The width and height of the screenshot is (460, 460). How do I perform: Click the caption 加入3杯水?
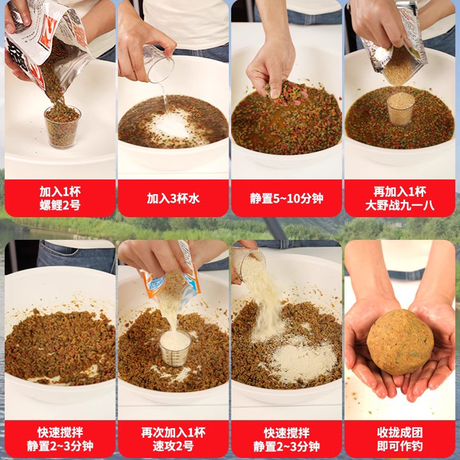pos(173,198)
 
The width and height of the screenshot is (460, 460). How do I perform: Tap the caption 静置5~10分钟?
pos(286,198)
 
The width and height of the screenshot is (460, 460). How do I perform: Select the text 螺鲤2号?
pos(60,205)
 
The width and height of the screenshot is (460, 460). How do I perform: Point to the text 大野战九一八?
pos(400,205)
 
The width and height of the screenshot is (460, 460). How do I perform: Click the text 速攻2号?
pos(173,446)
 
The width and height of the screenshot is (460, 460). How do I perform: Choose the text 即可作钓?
pos(400,446)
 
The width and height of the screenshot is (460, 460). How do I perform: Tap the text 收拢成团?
pos(400,432)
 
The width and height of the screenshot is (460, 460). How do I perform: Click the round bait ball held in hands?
pos(400,342)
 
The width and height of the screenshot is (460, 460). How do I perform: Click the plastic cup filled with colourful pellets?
pos(62,126)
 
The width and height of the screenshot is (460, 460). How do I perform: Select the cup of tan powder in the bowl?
pos(400,109)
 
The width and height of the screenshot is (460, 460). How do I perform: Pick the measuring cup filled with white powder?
pos(175,348)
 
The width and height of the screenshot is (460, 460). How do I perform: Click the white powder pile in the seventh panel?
pos(302,362)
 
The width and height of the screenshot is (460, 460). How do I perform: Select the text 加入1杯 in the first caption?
pos(60,191)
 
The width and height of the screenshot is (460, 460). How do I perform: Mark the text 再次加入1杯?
pos(173,432)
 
